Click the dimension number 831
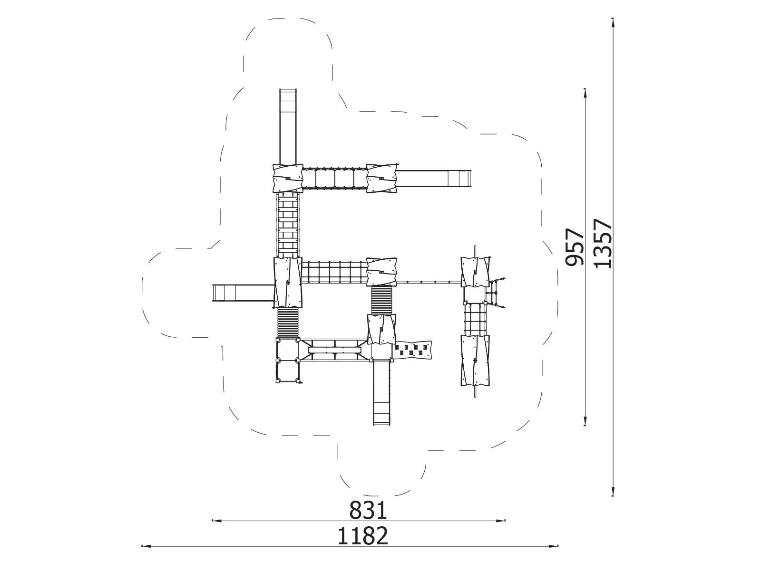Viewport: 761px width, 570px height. point(369,510)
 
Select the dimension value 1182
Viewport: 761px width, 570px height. point(363,536)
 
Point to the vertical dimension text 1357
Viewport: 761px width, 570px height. point(602,243)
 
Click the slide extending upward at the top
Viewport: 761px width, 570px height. point(287,126)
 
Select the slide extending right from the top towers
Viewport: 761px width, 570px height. point(433,178)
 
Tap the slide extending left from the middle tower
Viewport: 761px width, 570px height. point(243,292)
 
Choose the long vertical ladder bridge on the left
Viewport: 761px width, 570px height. point(288,225)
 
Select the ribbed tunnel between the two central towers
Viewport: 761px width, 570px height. point(381,300)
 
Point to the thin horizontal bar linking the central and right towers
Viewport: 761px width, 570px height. point(428,282)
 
